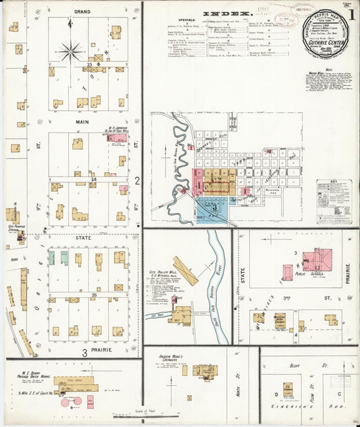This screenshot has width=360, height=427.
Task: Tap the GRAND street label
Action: [x=82, y=12]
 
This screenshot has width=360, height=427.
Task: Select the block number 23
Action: [x=89, y=64]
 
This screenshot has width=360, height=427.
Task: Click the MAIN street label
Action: [x=83, y=122]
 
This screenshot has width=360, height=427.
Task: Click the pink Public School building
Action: [x=316, y=260]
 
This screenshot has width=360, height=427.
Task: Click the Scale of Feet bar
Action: [x=142, y=417]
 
